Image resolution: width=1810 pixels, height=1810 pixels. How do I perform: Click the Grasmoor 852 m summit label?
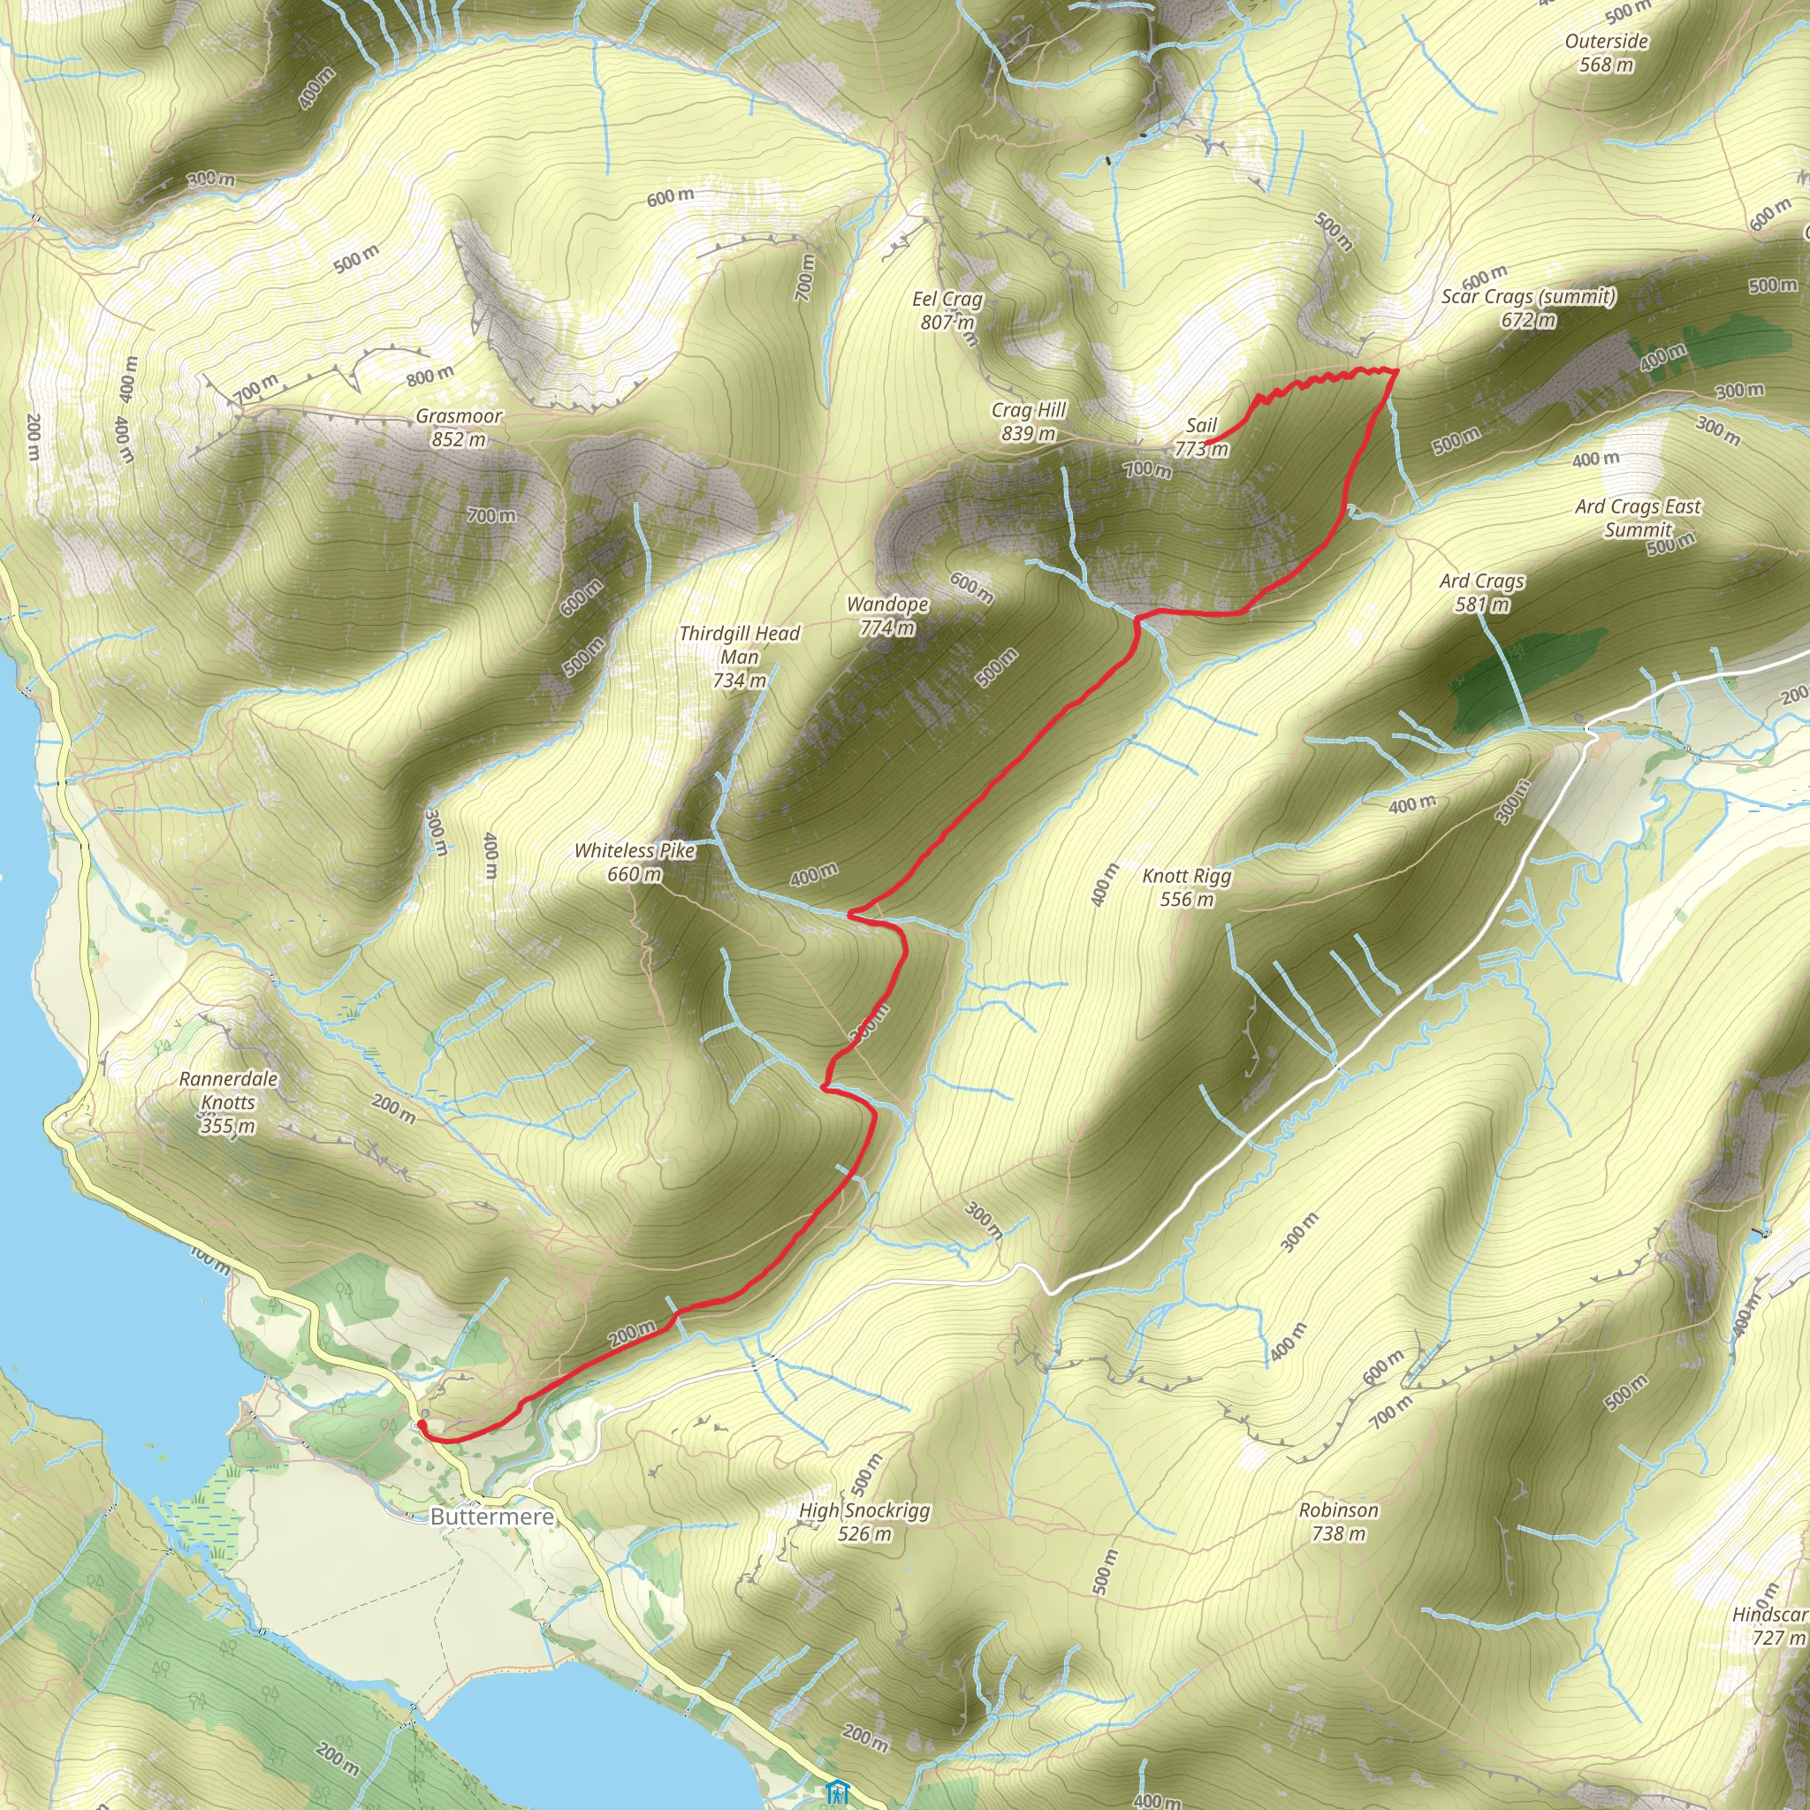click(x=459, y=427)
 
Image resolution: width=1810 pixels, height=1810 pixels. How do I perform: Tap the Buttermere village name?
click(x=492, y=1516)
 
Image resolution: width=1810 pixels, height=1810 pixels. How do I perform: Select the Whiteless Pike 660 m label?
click(x=635, y=862)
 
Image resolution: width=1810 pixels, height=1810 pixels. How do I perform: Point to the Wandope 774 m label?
click(x=887, y=615)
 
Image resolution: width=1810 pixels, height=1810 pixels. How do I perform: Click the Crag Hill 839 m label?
click(x=1029, y=422)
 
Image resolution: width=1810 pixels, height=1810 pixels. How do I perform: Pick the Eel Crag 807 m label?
click(x=947, y=310)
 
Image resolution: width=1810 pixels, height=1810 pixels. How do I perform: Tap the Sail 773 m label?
click(x=1201, y=437)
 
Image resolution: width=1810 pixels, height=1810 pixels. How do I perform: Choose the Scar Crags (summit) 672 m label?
click(x=1529, y=308)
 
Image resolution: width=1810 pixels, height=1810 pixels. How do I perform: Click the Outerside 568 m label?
click(x=1607, y=52)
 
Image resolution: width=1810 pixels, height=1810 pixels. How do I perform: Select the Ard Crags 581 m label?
click(x=1482, y=592)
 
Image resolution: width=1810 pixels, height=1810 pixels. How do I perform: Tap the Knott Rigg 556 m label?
click(x=1187, y=887)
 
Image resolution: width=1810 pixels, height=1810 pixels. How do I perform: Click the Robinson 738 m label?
click(x=1339, y=1522)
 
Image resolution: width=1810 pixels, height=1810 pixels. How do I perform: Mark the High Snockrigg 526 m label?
click(x=864, y=1522)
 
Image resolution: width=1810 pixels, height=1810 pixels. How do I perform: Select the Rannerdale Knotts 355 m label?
click(x=229, y=1102)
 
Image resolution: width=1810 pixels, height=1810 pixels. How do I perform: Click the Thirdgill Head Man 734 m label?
click(x=740, y=657)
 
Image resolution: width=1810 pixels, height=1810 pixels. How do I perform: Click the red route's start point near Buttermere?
click(x=422, y=1425)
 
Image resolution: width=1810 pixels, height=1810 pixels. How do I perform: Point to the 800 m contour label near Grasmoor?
click(x=430, y=376)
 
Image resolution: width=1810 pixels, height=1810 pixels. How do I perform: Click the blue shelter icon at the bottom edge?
click(x=838, y=1791)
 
